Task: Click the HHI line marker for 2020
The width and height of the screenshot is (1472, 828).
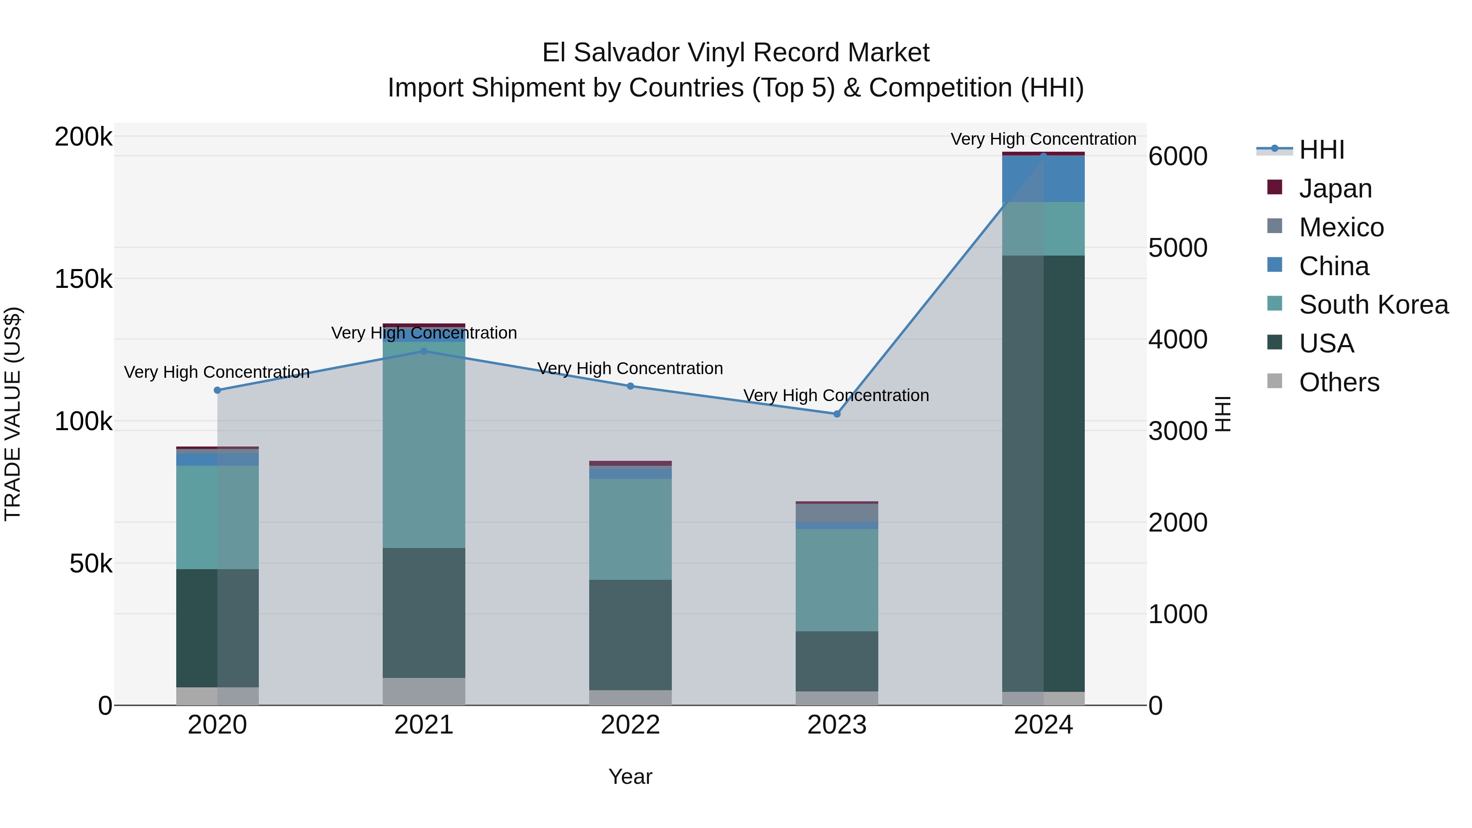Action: [217, 390]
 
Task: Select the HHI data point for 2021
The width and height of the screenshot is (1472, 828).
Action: [424, 351]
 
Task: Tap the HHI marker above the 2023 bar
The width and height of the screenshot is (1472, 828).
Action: [837, 414]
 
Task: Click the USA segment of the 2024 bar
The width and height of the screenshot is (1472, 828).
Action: [1043, 474]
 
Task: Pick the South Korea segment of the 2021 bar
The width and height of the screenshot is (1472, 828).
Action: [424, 446]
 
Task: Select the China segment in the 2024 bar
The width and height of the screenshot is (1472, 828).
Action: [1043, 179]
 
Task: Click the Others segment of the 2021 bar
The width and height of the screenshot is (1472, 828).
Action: [424, 691]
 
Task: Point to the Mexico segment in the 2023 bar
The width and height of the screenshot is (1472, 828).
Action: [837, 513]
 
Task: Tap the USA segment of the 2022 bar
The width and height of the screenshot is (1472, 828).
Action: [630, 634]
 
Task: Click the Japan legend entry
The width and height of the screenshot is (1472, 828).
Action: [1335, 188]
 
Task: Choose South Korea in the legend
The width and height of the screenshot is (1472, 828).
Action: [1373, 305]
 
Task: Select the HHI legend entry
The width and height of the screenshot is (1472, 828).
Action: [1321, 150]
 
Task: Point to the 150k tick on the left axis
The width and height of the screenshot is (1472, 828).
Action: [83, 279]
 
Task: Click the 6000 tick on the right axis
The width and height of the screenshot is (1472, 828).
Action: [1178, 157]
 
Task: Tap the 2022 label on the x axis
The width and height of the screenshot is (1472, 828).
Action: [630, 725]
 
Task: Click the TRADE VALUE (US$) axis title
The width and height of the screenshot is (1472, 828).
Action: [13, 414]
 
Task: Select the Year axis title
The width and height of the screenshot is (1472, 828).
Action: [630, 776]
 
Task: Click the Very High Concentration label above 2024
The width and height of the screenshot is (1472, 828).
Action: [1043, 139]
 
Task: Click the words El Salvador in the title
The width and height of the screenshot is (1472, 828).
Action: [610, 53]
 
